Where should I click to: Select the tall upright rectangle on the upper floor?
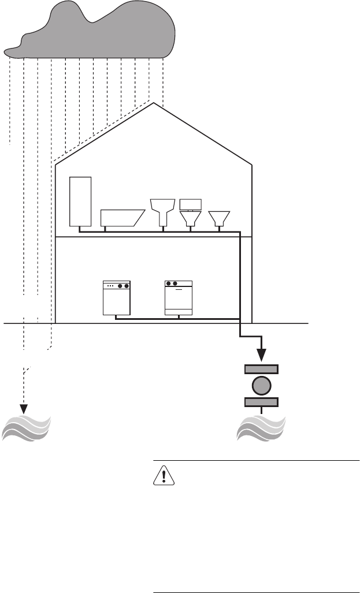pos(80,201)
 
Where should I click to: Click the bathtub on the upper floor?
pos(120,217)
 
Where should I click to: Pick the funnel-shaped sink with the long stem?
pos(162,210)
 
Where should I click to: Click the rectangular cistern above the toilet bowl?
pos(191,204)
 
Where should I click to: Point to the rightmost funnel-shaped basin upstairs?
pos(219,218)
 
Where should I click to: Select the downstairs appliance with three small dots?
pos(116,297)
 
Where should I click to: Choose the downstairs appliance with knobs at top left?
pos(179,297)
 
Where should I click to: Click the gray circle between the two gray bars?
pos(262,386)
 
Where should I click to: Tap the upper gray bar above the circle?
pos(262,369)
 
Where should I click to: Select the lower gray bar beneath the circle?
pos(262,402)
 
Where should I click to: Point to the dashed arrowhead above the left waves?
pos(24,408)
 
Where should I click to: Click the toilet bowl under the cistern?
pos(191,218)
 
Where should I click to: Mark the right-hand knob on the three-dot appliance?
pos(125,286)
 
